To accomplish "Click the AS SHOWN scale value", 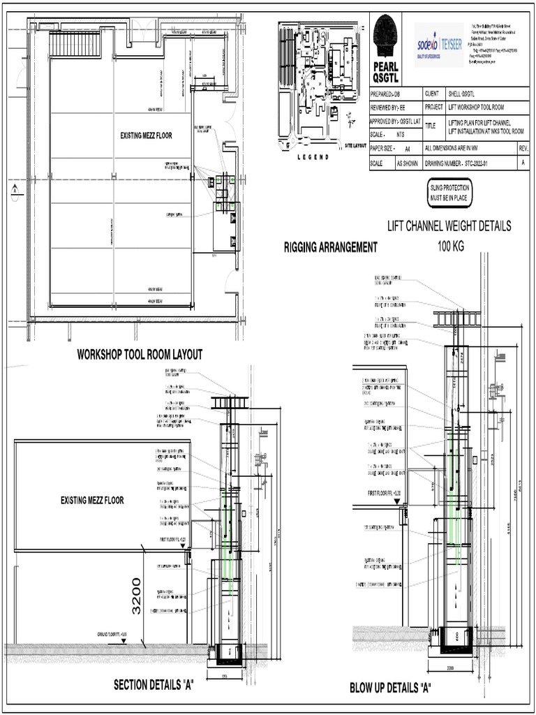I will [x=408, y=163].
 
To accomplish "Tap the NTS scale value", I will [x=401, y=135].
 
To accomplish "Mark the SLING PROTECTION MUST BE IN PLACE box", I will [x=449, y=193].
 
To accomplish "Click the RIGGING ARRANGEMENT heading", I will [x=331, y=246].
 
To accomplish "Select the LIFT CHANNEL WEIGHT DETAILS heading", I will [x=449, y=226].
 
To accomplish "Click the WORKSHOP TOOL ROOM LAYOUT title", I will [x=140, y=355].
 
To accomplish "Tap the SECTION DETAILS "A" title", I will [x=153, y=685].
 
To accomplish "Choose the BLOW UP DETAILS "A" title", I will [x=390, y=688].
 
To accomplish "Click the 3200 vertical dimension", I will [x=137, y=596].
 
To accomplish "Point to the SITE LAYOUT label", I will [x=355, y=146].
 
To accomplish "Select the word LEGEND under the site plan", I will [x=313, y=158].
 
